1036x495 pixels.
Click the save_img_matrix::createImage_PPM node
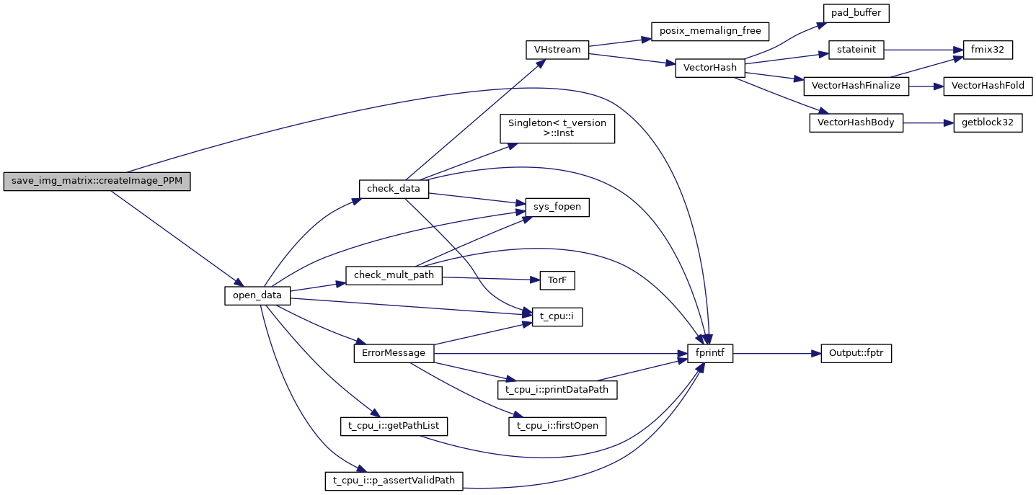point(97,182)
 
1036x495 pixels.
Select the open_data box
point(257,295)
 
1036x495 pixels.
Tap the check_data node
point(394,188)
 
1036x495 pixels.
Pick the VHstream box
point(557,50)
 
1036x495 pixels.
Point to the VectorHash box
point(709,68)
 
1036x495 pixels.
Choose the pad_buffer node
point(854,12)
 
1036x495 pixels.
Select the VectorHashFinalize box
point(856,86)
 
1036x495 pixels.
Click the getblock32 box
point(987,122)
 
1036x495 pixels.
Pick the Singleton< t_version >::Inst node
point(557,128)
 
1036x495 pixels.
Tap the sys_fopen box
point(557,208)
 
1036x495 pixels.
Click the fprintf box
point(710,354)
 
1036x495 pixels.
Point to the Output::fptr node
point(856,354)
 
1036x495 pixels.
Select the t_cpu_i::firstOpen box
point(557,427)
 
